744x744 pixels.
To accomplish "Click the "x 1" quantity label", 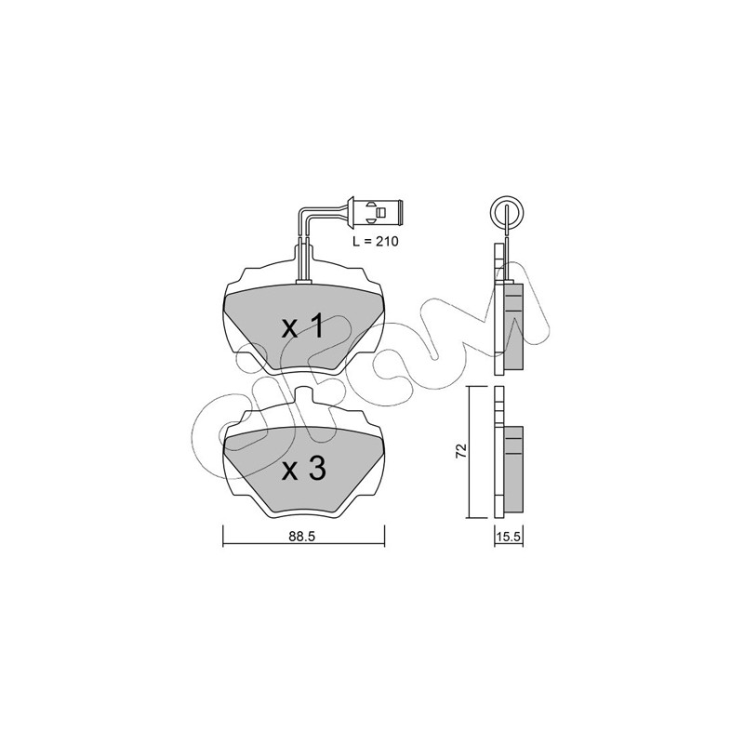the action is click(303, 327).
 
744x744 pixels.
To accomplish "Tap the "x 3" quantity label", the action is click(304, 470).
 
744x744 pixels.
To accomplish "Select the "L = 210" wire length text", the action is click(376, 241).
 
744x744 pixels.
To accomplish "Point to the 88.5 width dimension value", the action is click(303, 537).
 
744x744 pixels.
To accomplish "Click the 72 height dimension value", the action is click(461, 450).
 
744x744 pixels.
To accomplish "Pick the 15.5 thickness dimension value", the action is click(509, 537).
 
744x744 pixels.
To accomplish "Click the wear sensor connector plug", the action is click(375, 210).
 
